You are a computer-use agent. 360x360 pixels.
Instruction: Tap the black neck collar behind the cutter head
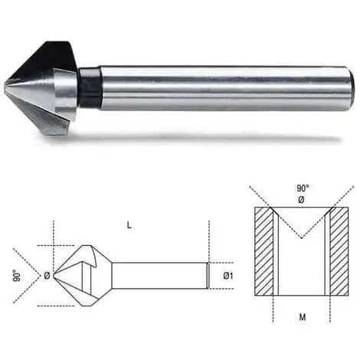[x=90, y=87]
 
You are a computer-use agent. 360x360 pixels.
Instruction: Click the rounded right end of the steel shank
[x=351, y=88]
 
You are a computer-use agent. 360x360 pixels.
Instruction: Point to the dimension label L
[x=129, y=225]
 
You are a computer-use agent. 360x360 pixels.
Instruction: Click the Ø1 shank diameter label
[x=227, y=276]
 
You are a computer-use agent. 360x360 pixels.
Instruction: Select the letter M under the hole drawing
[x=303, y=317]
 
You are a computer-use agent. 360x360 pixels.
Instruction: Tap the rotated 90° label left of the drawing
[x=17, y=276]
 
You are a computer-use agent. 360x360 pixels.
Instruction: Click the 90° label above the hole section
[x=303, y=188]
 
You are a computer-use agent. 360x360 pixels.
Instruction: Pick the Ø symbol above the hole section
[x=301, y=200]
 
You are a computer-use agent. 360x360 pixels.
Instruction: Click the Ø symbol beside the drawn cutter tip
[x=47, y=276]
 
